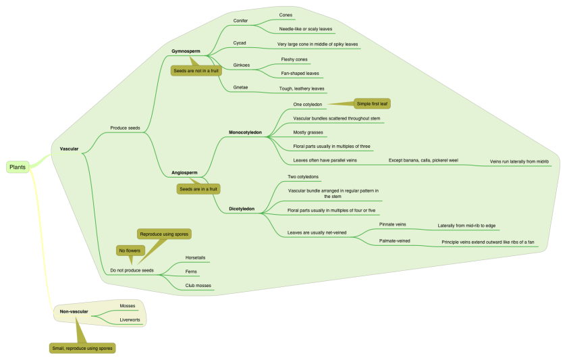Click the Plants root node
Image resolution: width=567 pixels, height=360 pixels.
click(x=18, y=167)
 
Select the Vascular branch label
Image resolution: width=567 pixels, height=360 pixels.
click(x=69, y=149)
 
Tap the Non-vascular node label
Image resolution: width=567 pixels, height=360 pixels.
click(x=74, y=311)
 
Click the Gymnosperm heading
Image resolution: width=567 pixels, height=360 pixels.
click(x=186, y=51)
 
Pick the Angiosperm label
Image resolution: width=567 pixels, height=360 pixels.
click(x=185, y=173)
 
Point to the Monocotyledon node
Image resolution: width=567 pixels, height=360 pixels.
click(x=245, y=132)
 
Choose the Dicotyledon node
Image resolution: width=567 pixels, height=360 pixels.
click(x=242, y=209)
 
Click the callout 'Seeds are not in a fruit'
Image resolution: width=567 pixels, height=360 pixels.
click(x=196, y=70)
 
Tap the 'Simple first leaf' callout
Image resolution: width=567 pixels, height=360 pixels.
click(x=373, y=103)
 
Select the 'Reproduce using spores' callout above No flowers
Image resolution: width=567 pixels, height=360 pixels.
click(x=164, y=234)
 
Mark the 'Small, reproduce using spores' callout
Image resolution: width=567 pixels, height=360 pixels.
click(x=82, y=348)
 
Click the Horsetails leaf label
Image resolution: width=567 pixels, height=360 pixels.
click(x=195, y=258)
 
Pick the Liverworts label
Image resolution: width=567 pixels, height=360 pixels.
click(x=130, y=319)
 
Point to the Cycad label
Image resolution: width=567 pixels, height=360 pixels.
click(x=240, y=43)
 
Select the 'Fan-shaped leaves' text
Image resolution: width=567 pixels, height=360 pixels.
click(x=300, y=73)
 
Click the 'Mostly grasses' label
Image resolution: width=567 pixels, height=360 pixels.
click(x=308, y=132)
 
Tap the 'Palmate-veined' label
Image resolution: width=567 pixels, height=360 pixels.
click(x=393, y=240)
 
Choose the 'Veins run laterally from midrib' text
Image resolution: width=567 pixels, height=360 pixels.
click(x=519, y=162)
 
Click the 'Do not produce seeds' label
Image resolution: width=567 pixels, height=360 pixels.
click(x=132, y=270)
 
